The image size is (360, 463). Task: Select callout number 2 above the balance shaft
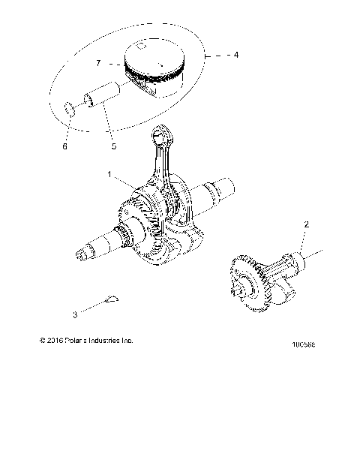305,224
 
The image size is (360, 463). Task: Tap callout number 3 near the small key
96,314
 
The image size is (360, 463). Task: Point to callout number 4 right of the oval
236,56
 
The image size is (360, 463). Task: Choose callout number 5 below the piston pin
113,146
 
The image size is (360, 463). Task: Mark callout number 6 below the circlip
64,146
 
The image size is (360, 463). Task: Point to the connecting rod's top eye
161,136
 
